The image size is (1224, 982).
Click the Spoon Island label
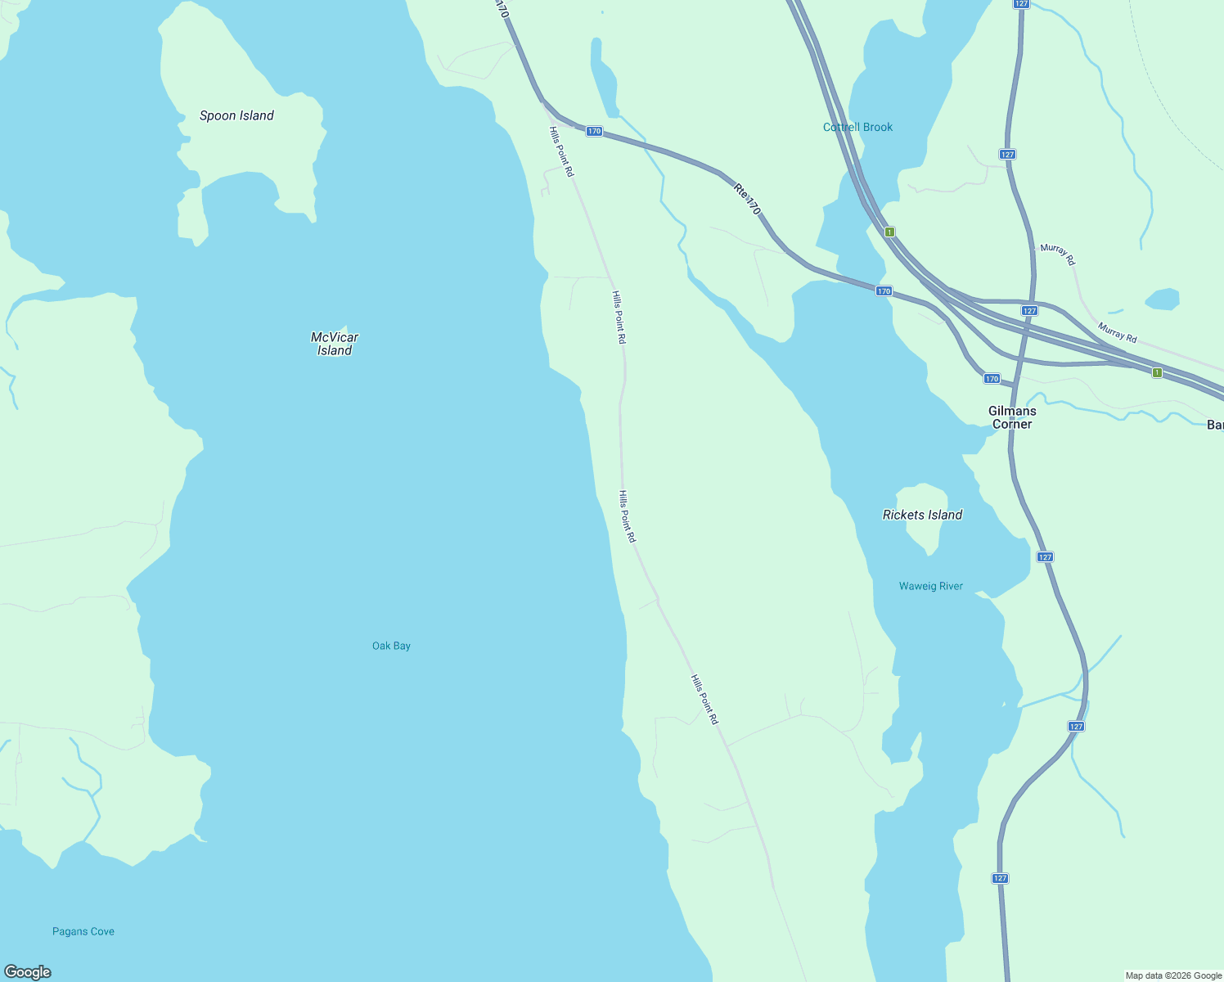click(x=236, y=115)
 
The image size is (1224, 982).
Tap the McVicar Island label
click(x=335, y=344)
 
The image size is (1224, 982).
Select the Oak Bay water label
click(x=391, y=646)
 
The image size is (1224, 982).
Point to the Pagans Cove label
click(x=83, y=931)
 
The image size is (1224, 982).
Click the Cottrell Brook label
click(x=857, y=127)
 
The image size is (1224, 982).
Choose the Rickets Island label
click(x=922, y=515)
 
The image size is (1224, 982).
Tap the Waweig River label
click(x=930, y=586)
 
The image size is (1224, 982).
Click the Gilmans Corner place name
click(x=1012, y=417)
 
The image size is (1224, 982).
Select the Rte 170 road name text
click(x=747, y=200)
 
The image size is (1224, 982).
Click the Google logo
click(x=27, y=972)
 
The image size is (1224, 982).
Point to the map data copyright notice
click(x=1173, y=975)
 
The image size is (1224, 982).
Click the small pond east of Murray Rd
click(x=1163, y=300)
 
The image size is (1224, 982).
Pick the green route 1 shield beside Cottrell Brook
click(x=889, y=232)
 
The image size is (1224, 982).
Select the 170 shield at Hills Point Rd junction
click(x=594, y=131)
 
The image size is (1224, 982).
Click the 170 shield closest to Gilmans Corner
click(x=992, y=378)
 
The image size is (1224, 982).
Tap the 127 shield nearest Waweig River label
click(x=1045, y=556)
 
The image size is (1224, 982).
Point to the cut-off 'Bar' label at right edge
click(x=1215, y=425)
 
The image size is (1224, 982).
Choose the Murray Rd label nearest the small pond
click(x=1117, y=332)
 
